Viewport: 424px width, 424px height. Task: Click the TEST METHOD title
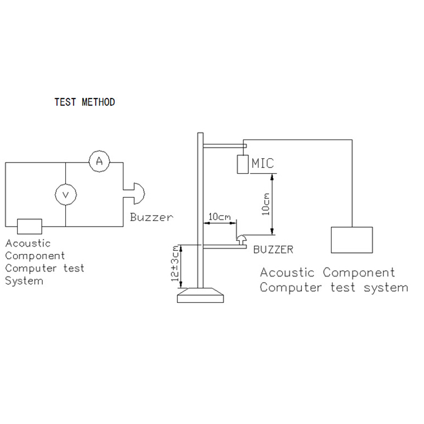pos(85,102)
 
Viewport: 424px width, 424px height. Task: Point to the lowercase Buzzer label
pos(151,217)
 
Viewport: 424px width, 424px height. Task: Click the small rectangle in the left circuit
pos(30,226)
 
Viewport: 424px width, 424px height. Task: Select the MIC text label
pos(262,163)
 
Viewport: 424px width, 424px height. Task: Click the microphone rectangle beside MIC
pos(242,164)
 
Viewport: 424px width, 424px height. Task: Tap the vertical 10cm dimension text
pos(266,204)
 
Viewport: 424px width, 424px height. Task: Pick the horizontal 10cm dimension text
pos(220,217)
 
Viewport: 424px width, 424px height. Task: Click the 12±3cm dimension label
pos(175,263)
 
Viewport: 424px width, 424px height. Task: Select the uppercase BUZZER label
pos(273,250)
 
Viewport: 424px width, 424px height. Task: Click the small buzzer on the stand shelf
pos(241,240)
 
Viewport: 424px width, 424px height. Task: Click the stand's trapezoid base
pos(201,295)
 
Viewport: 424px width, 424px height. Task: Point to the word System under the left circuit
pos(24,281)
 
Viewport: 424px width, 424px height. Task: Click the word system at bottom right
pos(385,288)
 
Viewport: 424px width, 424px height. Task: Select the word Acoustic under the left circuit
pos(28,243)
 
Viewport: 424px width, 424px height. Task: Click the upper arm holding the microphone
pos(225,146)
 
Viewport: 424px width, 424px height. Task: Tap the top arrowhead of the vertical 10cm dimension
pos(272,176)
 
